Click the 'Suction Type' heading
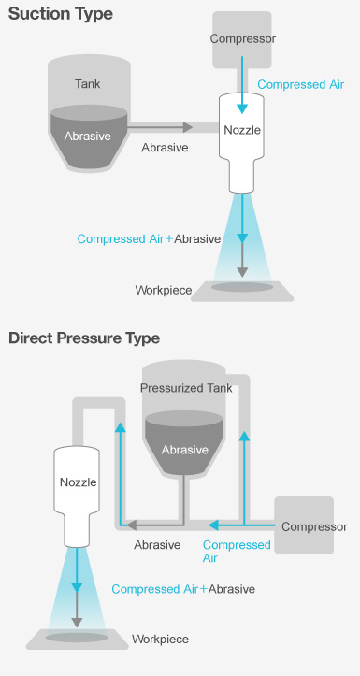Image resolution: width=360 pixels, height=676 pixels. click(x=60, y=15)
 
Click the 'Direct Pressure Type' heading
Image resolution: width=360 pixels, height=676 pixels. click(x=84, y=338)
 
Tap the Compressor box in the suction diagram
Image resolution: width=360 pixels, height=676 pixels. click(x=241, y=39)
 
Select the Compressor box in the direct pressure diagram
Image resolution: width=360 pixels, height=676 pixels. click(x=314, y=526)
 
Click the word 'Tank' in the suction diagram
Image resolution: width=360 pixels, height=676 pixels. click(x=88, y=84)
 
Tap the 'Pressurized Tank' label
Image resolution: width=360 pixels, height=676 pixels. click(x=185, y=388)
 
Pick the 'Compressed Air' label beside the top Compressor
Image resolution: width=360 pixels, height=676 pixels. click(x=300, y=84)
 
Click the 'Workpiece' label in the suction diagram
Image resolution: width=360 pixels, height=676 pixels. click(x=164, y=290)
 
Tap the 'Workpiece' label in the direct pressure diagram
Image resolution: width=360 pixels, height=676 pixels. click(x=160, y=640)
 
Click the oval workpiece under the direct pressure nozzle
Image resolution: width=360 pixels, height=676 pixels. click(x=78, y=637)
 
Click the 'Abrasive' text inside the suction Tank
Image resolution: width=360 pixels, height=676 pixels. click(x=88, y=136)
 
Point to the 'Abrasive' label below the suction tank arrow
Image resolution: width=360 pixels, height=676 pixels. click(x=165, y=148)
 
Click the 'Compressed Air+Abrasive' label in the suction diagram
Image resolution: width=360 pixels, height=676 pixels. click(x=149, y=238)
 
